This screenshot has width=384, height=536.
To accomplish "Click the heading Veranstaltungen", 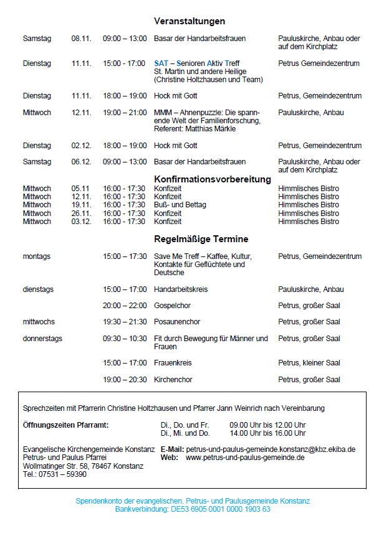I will coord(190,21).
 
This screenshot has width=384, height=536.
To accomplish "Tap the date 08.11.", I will coord(81,39).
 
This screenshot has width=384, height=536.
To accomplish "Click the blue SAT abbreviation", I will coord(161,63).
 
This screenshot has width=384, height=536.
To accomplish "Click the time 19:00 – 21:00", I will coord(125,113).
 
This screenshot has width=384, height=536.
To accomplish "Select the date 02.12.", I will coord(81,146).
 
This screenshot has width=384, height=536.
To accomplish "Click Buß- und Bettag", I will coord(180,205).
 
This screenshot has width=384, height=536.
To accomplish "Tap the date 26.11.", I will coord(81,214).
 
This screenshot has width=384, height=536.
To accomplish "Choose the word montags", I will coord(37,256).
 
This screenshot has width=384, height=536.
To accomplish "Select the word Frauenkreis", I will coord(173,363).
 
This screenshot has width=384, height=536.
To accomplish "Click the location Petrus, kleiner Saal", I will coord(309,363).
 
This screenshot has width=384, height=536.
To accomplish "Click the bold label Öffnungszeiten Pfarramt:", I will coord(65,425).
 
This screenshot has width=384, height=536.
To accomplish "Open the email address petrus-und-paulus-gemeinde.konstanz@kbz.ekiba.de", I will coord(271,449).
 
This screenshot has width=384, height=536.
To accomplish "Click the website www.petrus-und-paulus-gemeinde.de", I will coord(245,457).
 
